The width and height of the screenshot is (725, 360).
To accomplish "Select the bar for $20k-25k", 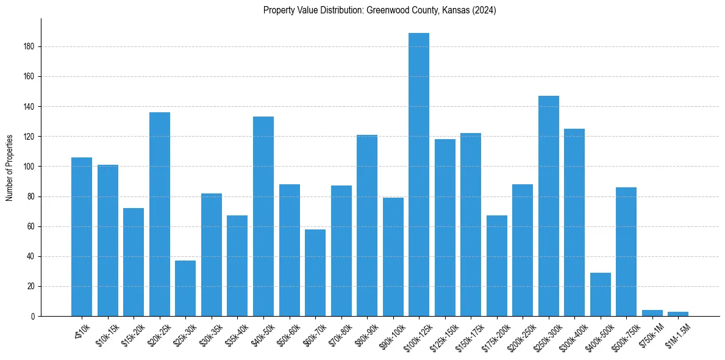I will [x=160, y=214].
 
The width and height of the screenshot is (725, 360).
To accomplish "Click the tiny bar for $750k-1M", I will [x=652, y=313].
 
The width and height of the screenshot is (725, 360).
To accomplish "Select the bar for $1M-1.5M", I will [x=678, y=314].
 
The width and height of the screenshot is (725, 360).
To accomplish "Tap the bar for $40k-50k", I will [x=263, y=216].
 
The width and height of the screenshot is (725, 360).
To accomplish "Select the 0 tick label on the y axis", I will [x=33, y=316].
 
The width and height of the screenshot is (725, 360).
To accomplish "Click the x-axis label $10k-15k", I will [x=107, y=332].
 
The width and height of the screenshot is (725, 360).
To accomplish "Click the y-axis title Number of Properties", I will [x=10, y=167].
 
